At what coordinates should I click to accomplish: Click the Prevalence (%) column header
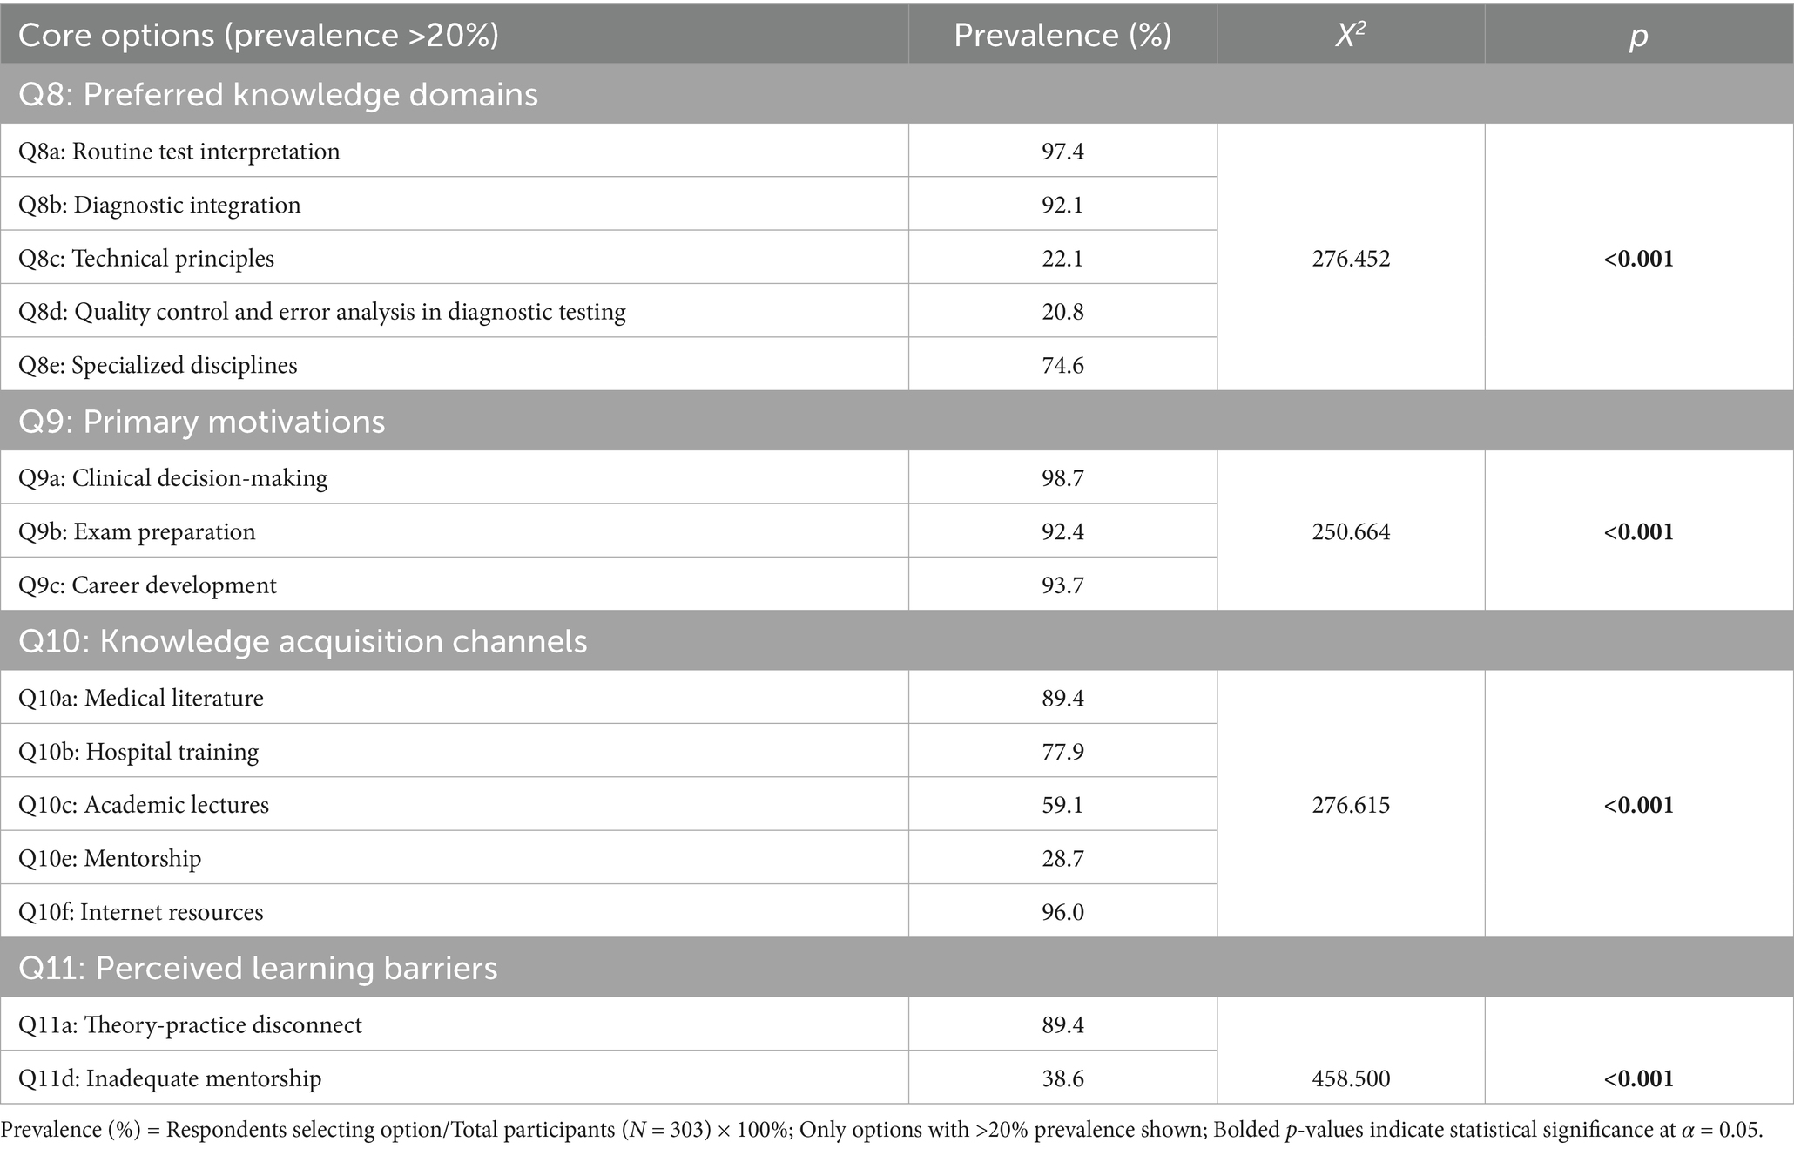click(x=1062, y=36)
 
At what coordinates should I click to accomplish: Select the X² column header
click(x=1350, y=36)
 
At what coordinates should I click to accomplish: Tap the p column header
click(x=1638, y=36)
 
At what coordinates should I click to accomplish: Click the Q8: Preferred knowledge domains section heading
click(x=278, y=94)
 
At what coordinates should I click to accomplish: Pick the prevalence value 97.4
click(x=1062, y=152)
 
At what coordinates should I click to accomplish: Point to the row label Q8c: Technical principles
click(x=146, y=259)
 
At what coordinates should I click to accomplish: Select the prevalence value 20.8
click(x=1062, y=312)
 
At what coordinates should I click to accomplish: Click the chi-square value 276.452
click(x=1351, y=259)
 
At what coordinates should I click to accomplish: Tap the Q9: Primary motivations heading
click(x=201, y=422)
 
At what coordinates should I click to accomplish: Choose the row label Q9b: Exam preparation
click(x=138, y=532)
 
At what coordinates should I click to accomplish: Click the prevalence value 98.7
click(x=1062, y=478)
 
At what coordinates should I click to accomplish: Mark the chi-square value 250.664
click(x=1351, y=532)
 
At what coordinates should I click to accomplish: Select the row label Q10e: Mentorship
click(x=110, y=859)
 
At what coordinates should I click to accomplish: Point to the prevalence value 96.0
click(x=1062, y=912)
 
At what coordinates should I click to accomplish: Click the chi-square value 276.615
click(x=1351, y=805)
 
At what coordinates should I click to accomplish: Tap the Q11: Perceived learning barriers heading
click(x=258, y=968)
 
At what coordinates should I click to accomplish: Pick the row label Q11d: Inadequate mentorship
click(x=170, y=1078)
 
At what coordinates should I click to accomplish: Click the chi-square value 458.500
click(x=1351, y=1078)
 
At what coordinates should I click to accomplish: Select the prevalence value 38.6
click(x=1062, y=1078)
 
